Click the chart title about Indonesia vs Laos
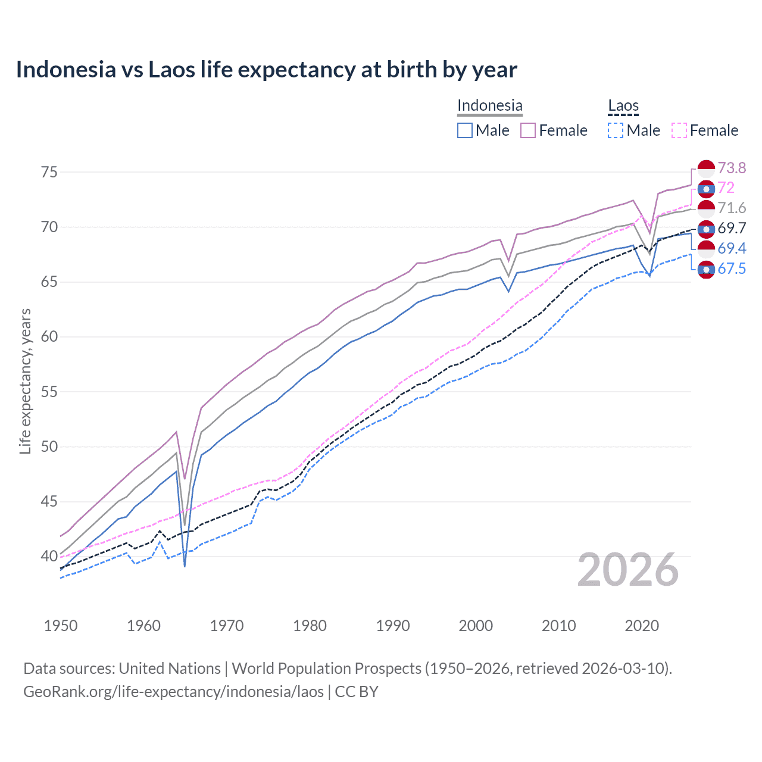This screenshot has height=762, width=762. pyautogui.click(x=266, y=70)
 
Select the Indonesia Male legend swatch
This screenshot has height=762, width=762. pyautogui.click(x=465, y=130)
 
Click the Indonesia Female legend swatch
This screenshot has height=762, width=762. pyautogui.click(x=528, y=130)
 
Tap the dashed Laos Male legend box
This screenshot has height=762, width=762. pyautogui.click(x=616, y=130)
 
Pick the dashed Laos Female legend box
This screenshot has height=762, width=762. pyautogui.click(x=679, y=130)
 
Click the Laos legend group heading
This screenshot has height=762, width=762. pyautogui.click(x=623, y=106)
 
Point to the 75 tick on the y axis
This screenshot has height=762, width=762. pyautogui.click(x=49, y=172)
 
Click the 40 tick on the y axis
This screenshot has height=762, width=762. pyautogui.click(x=49, y=557)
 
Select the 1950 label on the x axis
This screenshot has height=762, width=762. pyautogui.click(x=61, y=626)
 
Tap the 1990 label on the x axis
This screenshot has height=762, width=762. pyautogui.click(x=393, y=626)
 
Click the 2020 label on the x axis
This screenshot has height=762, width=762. pyautogui.click(x=642, y=626)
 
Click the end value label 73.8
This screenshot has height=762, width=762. pyautogui.click(x=732, y=168)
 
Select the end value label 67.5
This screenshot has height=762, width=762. pyautogui.click(x=732, y=269)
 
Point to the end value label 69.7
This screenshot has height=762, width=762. pyautogui.click(x=732, y=229)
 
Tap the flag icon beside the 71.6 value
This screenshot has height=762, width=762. pyautogui.click(x=706, y=208)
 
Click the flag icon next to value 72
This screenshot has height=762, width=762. pyautogui.click(x=706, y=189)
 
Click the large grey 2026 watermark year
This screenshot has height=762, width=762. pyautogui.click(x=627, y=570)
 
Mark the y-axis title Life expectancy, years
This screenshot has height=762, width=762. pyautogui.click(x=25, y=381)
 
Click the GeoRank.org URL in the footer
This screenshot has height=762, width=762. pyautogui.click(x=173, y=692)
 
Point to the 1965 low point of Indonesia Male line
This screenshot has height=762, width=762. pyautogui.click(x=185, y=566)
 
